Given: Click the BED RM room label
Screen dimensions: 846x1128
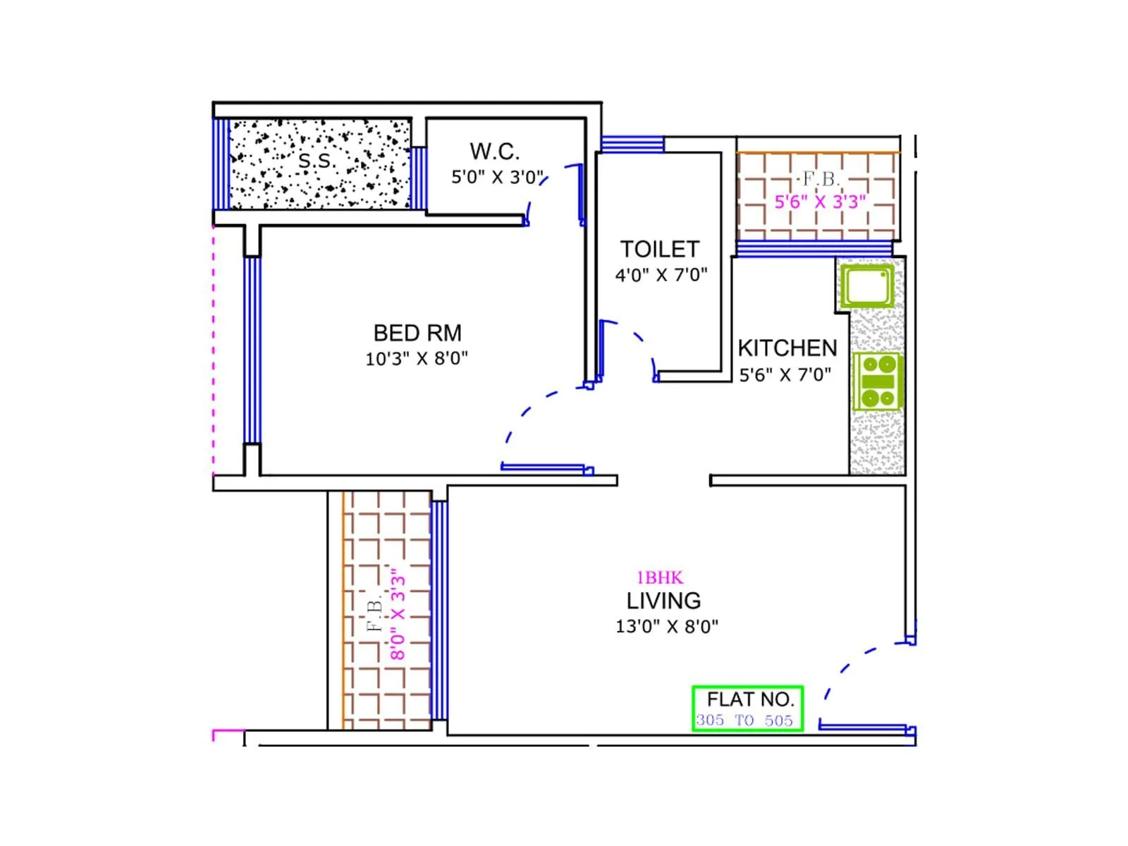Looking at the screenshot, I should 417,333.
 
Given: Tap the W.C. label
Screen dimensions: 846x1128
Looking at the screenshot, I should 495,152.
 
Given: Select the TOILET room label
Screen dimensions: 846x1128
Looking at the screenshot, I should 660,250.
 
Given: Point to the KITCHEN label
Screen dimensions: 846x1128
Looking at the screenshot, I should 787,348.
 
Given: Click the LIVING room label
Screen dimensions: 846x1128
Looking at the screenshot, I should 664,601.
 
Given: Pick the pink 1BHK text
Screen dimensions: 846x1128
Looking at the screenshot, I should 660,578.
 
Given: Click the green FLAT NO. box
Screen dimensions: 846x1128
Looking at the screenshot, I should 748,708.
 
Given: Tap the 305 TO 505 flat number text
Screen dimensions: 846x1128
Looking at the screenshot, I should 744,721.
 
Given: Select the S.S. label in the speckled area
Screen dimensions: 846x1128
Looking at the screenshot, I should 315,161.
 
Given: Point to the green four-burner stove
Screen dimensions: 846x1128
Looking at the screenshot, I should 878,381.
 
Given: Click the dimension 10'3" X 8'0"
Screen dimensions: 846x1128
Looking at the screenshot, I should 417,359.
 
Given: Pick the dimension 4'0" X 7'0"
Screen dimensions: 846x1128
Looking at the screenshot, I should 661,275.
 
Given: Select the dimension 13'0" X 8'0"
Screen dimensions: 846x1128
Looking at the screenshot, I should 667,627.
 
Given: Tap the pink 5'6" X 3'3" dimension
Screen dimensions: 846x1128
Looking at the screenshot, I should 820,202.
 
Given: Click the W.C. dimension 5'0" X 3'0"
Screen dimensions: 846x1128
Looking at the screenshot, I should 498,177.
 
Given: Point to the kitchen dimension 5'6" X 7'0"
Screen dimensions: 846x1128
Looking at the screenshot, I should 785,375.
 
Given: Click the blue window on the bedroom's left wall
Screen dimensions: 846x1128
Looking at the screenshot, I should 252,350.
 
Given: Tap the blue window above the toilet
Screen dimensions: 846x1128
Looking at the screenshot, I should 632,145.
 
